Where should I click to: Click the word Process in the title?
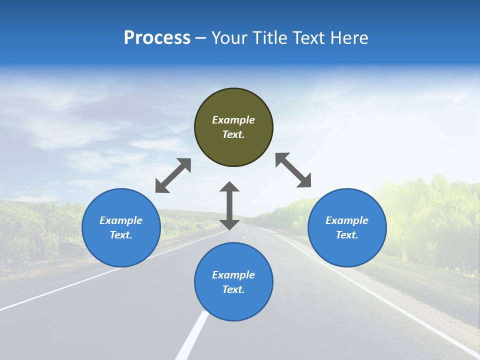tap(157, 38)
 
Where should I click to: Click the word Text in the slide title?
tap(309, 38)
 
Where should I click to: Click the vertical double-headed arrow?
tap(229, 205)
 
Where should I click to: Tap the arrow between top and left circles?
tap(173, 175)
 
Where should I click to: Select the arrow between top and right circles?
tap(293, 170)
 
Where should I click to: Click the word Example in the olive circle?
tap(233, 120)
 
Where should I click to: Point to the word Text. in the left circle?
tap(121, 235)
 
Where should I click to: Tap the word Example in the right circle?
tap(347, 220)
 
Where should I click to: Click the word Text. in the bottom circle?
tap(233, 289)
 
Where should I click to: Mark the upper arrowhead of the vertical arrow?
tap(229, 186)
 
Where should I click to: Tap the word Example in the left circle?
tap(121, 220)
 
